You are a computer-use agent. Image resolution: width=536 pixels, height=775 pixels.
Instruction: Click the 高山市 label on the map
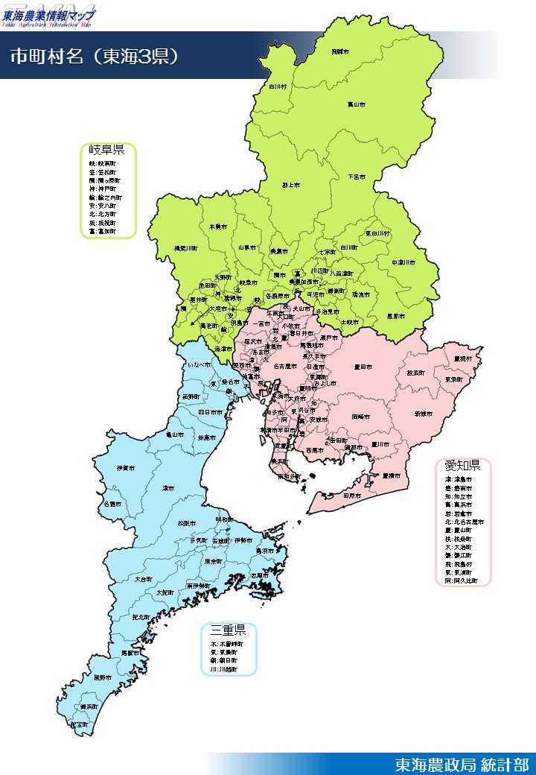pos(357,105)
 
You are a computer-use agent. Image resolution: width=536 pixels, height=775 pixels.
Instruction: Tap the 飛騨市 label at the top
pos(340,51)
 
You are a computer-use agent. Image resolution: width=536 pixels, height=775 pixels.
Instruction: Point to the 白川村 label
pos(278,86)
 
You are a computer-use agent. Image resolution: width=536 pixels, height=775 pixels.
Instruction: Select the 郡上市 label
pos(290,184)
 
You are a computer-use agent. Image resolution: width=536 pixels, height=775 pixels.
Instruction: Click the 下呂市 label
pos(357,177)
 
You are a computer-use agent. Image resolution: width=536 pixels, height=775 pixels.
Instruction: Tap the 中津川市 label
pos(403,262)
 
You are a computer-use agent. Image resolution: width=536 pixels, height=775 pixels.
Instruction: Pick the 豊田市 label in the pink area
pos(363,366)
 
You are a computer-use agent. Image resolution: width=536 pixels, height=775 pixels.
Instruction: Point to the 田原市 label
pos(352,495)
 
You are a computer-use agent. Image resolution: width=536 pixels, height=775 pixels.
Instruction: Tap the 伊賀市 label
pos(126,468)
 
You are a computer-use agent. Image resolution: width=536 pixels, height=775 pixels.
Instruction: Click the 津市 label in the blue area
pos(168,488)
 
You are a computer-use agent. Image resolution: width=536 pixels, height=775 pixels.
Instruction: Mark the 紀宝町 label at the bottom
pos(78,724)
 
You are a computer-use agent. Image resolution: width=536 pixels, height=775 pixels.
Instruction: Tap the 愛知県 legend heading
pos(462,466)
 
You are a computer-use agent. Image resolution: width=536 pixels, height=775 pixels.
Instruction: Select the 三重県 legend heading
pos(229,631)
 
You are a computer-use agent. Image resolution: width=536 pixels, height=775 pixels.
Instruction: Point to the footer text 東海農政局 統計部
pos(462,765)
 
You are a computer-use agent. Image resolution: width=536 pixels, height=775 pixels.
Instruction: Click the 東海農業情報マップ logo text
pos(49,14)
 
